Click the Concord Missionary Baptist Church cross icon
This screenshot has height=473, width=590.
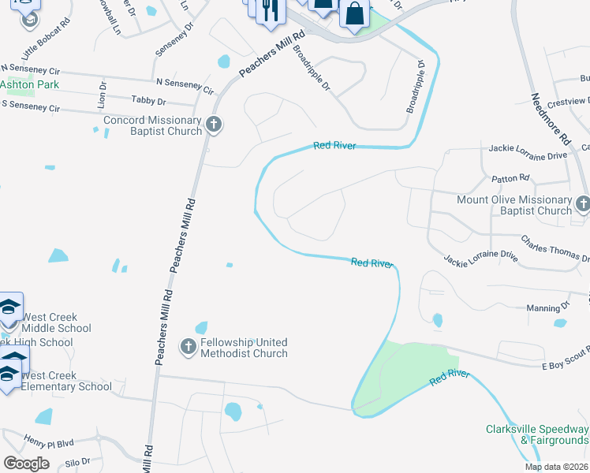[213, 124]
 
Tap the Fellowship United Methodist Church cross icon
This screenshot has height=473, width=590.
[188, 346]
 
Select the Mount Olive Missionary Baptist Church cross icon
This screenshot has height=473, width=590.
[582, 203]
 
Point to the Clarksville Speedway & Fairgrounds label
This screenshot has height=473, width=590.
[536, 434]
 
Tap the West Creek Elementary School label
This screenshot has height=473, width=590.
[66, 381]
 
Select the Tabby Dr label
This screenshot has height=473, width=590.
[149, 102]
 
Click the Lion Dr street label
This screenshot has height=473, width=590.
[102, 95]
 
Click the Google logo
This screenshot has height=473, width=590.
[26, 464]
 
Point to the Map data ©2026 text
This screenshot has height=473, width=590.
[556, 467]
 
